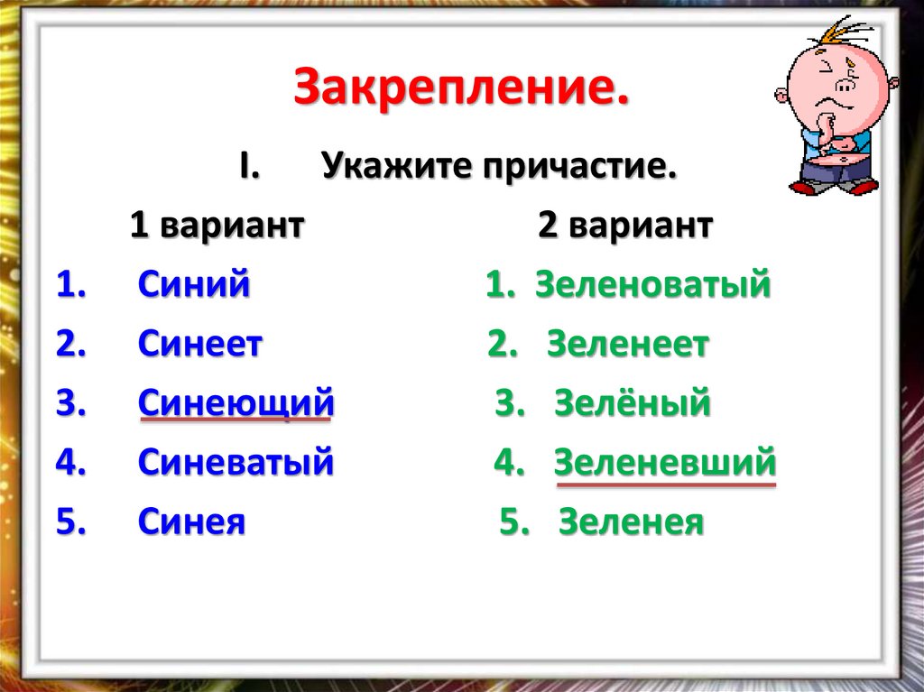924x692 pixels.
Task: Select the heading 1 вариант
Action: pos(217,226)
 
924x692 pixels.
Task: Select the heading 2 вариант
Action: pos(625,226)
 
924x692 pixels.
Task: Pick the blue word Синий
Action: pos(194,285)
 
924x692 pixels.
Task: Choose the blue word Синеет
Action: pos(200,345)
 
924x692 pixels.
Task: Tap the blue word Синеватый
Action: pos(236,463)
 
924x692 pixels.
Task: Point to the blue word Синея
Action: pos(191,521)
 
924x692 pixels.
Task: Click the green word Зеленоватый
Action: pos(652,285)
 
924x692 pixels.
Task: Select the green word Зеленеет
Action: pos(628,345)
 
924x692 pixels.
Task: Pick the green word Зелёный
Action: pos(632,403)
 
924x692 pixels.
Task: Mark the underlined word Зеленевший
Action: pos(665,463)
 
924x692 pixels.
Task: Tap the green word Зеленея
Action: pos(631,521)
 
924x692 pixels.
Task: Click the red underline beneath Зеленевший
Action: pos(666,484)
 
